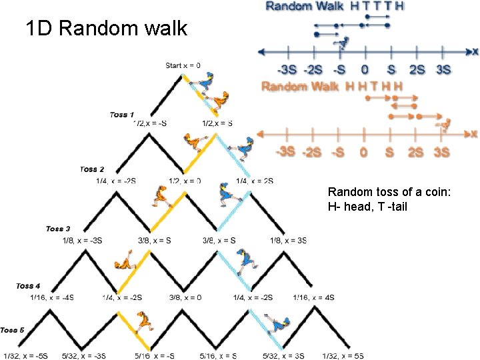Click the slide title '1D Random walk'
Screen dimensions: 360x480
pos(107,29)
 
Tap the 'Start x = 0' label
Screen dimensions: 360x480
pos(183,65)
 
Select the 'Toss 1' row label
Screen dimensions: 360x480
pos(122,115)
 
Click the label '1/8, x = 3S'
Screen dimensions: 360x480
pos(288,240)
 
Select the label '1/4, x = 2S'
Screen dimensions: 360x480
pos(255,181)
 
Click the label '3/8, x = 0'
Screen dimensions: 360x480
pos(186,297)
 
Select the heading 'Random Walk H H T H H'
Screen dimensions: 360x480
pos(333,86)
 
